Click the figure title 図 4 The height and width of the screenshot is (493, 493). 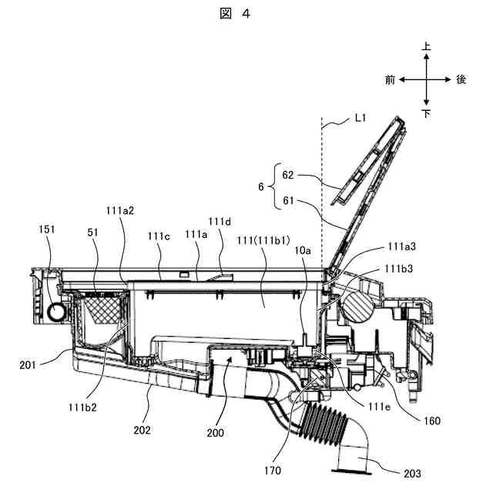pyautogui.click(x=235, y=14)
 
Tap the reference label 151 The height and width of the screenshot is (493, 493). pyautogui.click(x=47, y=230)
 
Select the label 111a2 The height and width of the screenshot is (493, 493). pyautogui.click(x=120, y=210)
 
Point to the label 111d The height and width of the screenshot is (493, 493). pyautogui.click(x=220, y=222)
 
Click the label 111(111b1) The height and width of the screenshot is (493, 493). pyautogui.click(x=263, y=240)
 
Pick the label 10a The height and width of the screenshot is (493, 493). pyautogui.click(x=303, y=250)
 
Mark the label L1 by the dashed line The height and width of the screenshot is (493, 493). pyautogui.click(x=361, y=118)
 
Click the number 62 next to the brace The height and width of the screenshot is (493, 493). pyautogui.click(x=288, y=175)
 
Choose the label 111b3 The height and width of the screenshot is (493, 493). pyautogui.click(x=399, y=269)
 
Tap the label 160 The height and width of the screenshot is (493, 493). pyautogui.click(x=432, y=421)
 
